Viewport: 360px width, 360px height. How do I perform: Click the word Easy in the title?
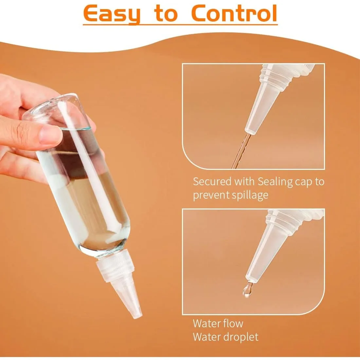[112, 14]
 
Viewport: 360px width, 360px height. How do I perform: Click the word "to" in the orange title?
[166, 13]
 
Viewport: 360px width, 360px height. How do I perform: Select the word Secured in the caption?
[212, 181]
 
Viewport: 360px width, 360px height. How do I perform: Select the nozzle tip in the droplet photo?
[251, 279]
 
